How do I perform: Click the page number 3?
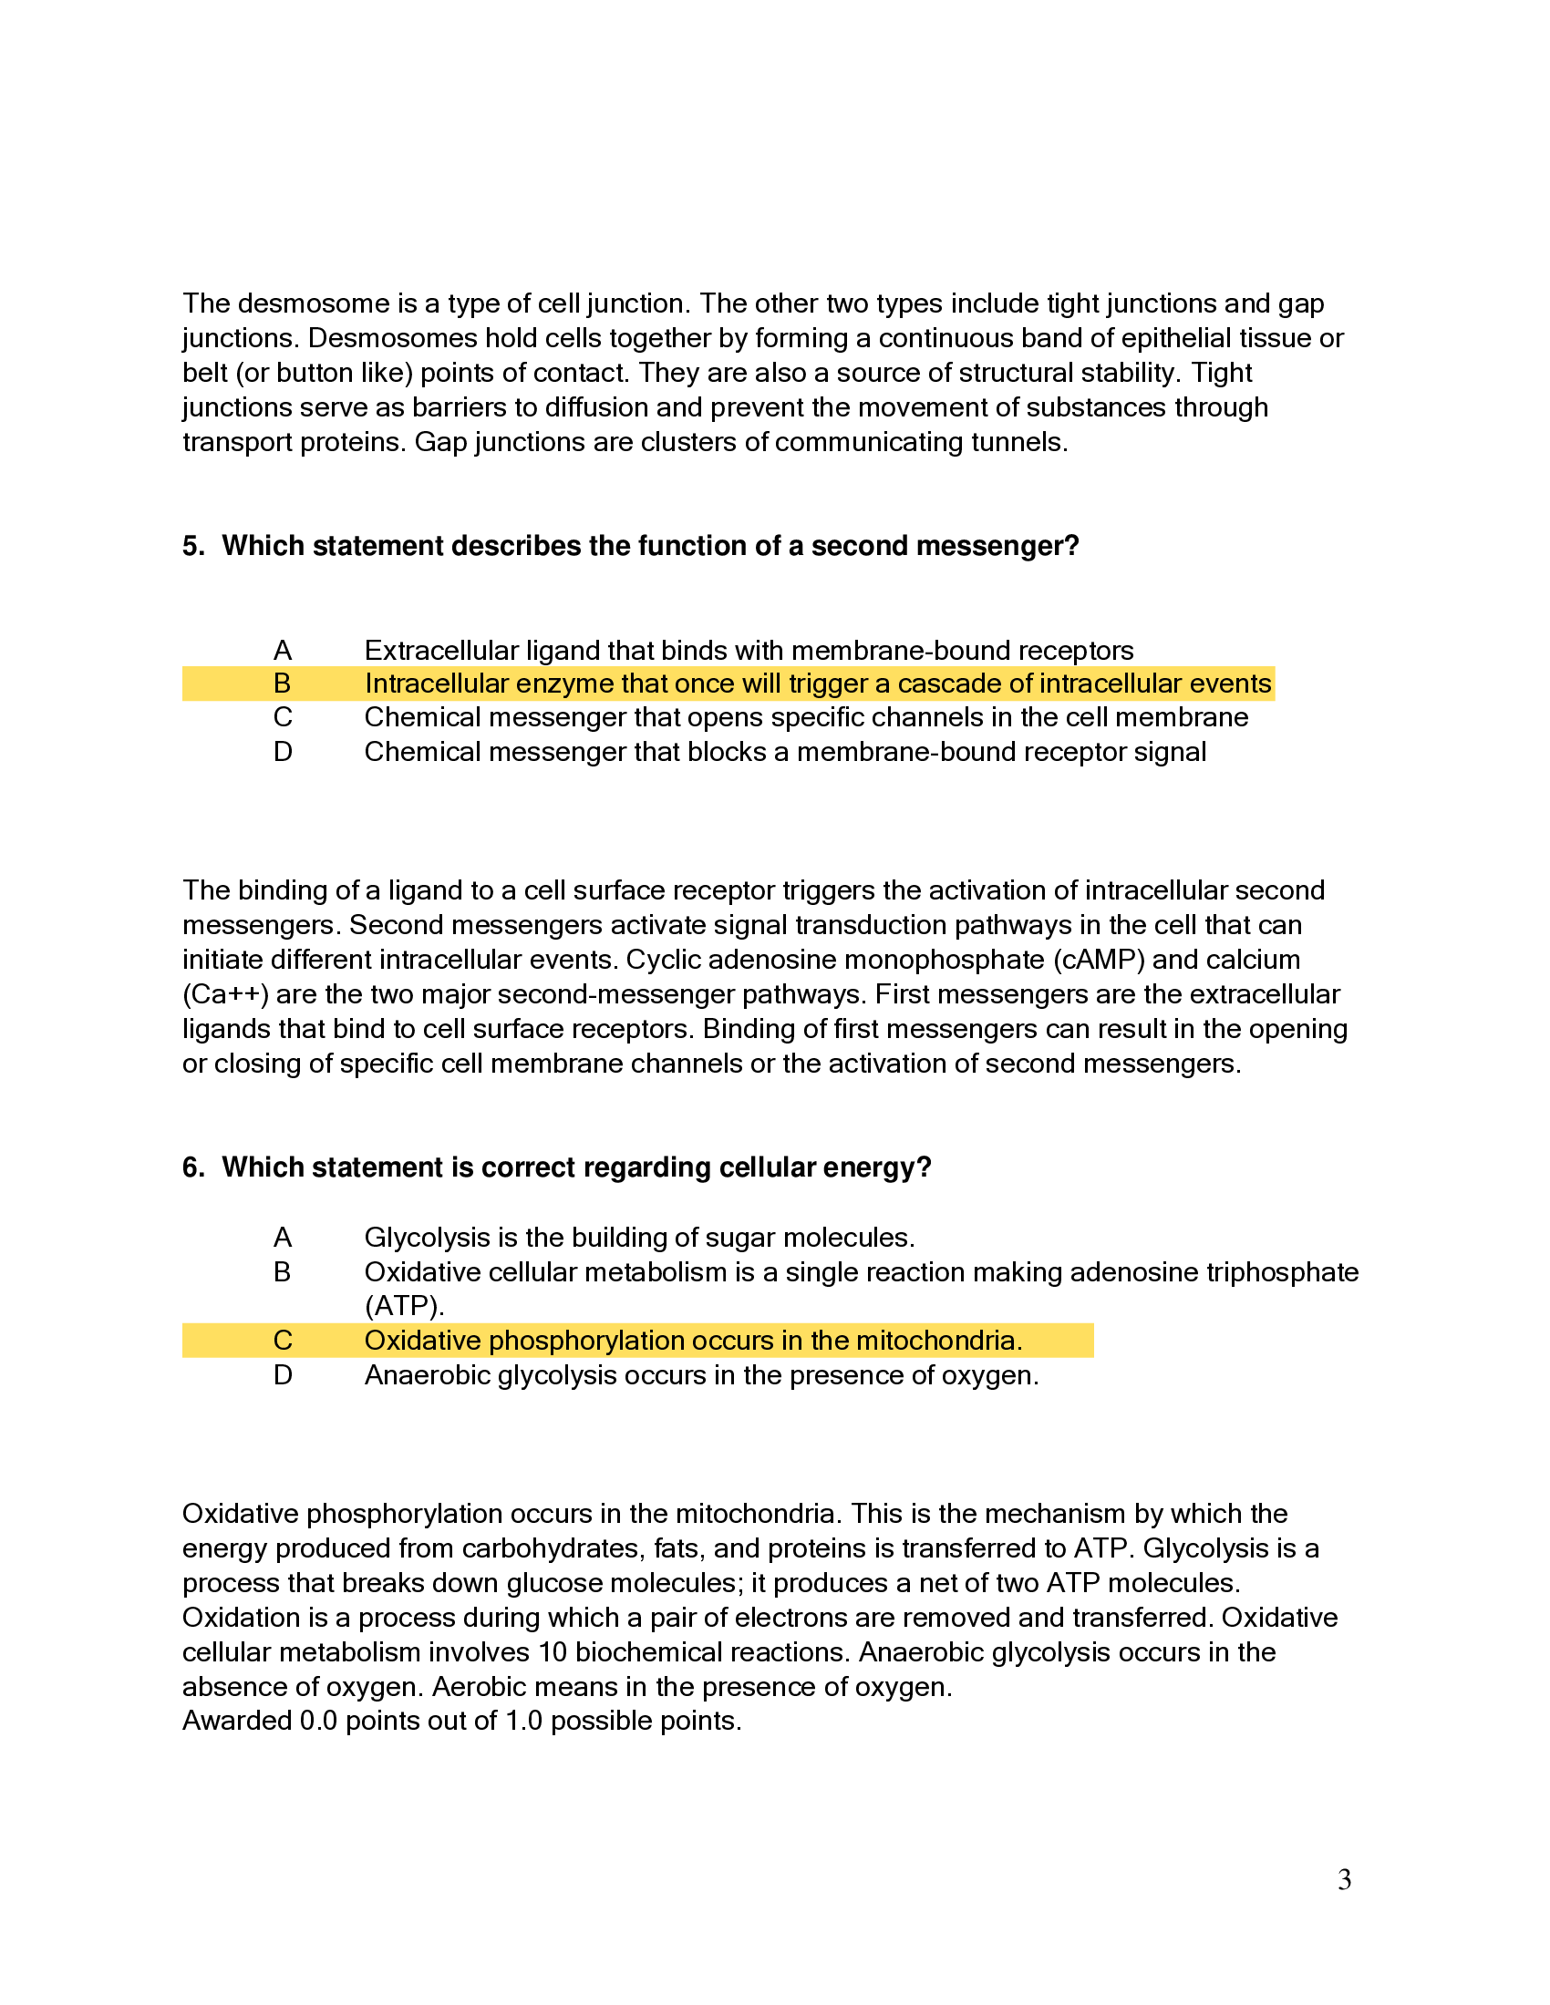1343,1880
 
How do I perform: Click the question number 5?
191,546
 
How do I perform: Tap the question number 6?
191,1167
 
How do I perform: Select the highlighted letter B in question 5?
282,684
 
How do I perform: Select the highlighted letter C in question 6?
282,1342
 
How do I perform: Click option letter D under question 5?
282,753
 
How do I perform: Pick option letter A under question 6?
282,1239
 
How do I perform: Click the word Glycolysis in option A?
427,1239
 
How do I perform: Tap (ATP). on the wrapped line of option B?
404,1306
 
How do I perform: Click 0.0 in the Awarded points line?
318,1722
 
